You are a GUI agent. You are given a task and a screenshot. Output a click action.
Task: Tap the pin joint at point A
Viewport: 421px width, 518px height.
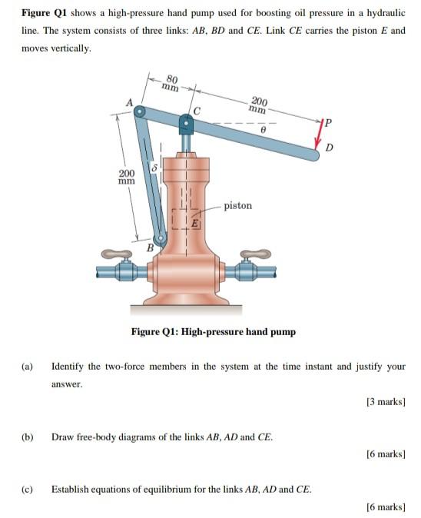coord(140,112)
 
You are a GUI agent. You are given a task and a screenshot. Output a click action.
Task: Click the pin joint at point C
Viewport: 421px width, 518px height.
coord(186,123)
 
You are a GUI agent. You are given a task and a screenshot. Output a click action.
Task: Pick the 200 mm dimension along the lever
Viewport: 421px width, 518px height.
coord(259,105)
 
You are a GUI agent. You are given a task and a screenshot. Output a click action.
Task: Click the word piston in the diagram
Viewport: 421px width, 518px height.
coord(238,206)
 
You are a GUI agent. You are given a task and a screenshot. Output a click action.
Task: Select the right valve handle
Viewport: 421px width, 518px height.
coord(256,254)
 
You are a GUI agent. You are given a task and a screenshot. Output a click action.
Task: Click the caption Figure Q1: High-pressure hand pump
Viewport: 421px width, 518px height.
coord(213,332)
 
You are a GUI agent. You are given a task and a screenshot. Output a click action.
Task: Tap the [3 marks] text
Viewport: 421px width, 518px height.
coord(386,402)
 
